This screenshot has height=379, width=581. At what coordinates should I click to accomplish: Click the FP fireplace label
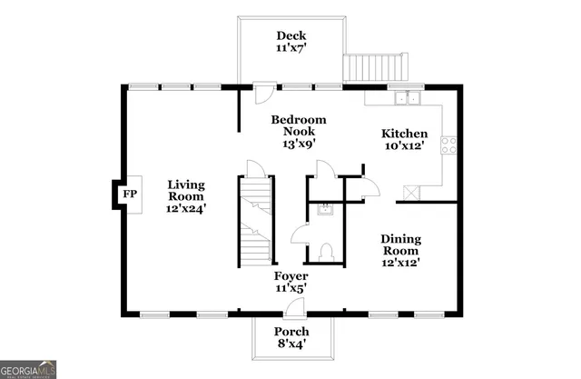[x=129, y=194]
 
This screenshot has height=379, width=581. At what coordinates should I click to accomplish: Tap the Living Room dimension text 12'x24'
[x=186, y=208]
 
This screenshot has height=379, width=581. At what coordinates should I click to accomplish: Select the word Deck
[x=290, y=35]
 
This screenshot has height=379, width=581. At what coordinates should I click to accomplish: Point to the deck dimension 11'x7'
[x=290, y=50]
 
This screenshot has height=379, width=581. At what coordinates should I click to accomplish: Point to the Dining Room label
[x=399, y=244]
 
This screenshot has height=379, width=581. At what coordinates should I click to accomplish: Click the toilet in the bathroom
[x=329, y=252]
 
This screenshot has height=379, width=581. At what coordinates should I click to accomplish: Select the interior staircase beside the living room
[x=256, y=220]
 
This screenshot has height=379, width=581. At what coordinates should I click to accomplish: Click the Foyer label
[x=290, y=275]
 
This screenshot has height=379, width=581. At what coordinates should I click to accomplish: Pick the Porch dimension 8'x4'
[x=291, y=344]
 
